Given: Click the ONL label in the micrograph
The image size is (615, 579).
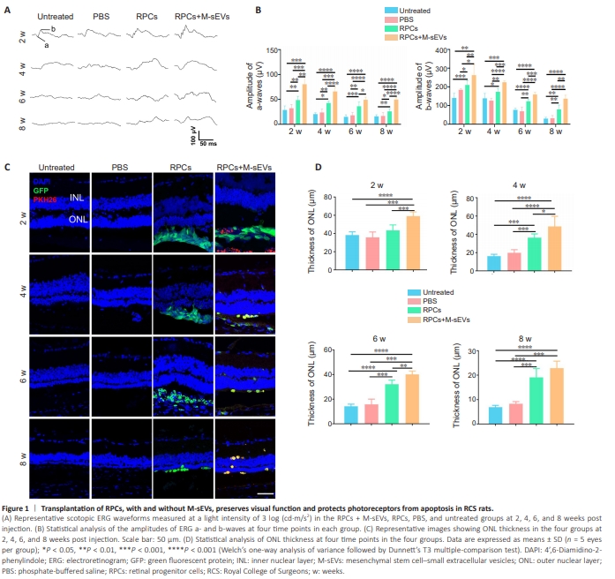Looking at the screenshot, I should [79, 225].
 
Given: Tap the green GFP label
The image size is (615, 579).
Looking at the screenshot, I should [41, 190].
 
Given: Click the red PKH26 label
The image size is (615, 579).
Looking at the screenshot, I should [45, 199].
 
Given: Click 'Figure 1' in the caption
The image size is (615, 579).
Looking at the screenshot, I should [19, 510].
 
